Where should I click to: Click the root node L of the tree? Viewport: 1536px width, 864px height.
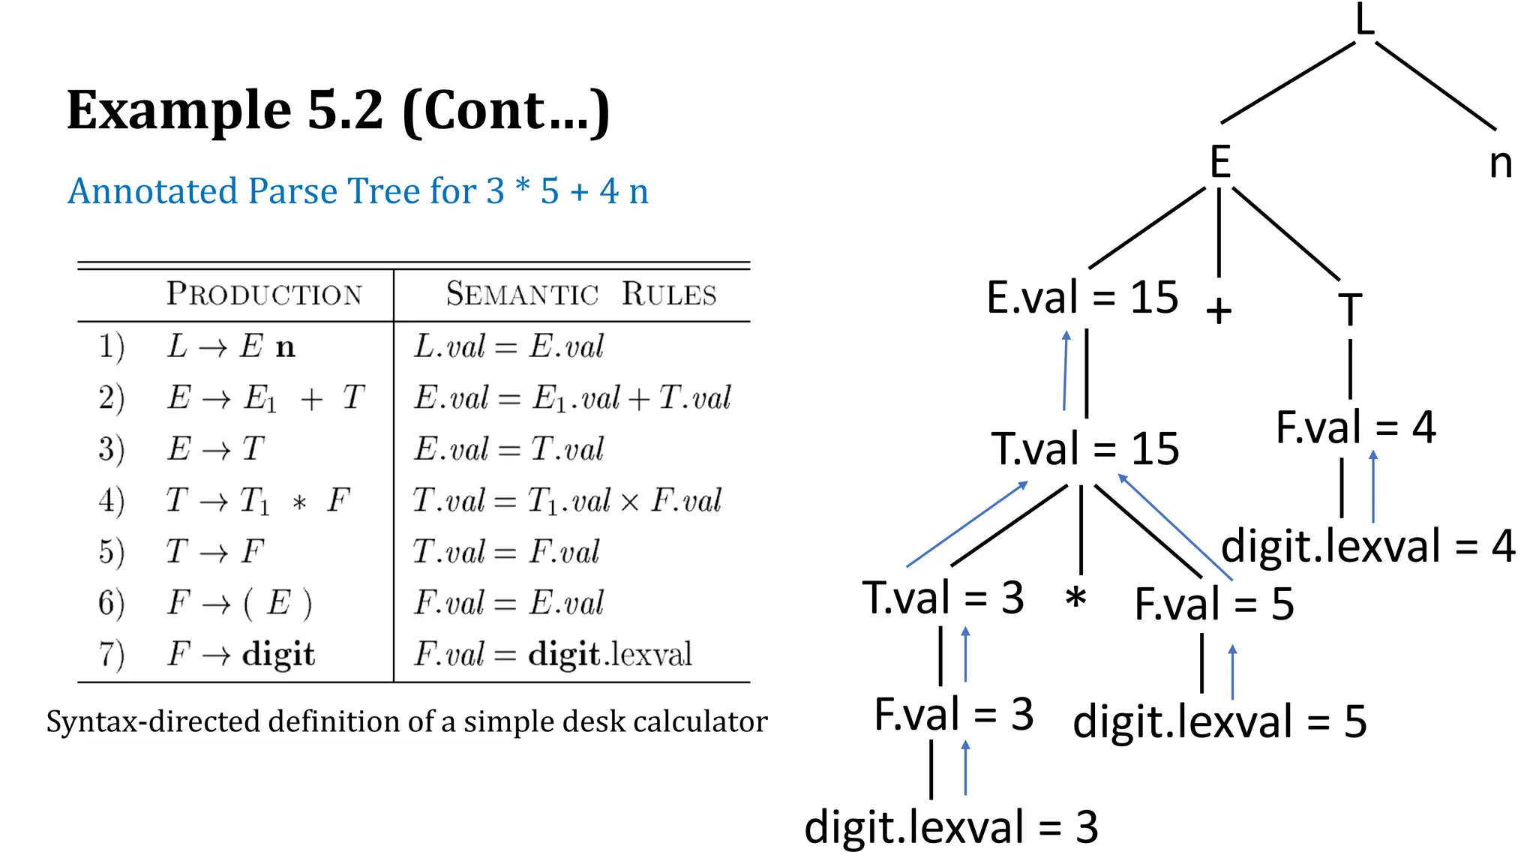coord(1365,20)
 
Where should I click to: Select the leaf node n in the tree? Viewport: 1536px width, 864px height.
coord(1500,163)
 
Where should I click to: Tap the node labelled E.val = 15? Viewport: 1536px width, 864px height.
coord(1082,298)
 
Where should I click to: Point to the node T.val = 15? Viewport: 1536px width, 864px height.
coord(1084,449)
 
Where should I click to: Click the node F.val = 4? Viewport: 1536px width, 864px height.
coord(1355,427)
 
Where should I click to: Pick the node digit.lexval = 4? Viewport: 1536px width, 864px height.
coord(1367,546)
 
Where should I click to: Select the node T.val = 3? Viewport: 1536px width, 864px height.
coord(943,598)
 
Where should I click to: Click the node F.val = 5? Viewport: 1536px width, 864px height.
coord(1213,604)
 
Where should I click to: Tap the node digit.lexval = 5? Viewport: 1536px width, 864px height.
coord(1219,721)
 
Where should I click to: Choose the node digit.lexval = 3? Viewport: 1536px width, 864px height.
coord(950,827)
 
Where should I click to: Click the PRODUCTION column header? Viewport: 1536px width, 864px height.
coord(264,294)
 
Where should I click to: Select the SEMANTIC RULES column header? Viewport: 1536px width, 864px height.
coord(580,294)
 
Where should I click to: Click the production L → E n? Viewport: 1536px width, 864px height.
coord(231,346)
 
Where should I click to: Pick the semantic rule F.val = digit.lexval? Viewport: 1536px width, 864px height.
coord(553,654)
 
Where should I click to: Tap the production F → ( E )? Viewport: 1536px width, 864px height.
coord(239,603)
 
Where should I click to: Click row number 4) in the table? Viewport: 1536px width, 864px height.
coord(111,500)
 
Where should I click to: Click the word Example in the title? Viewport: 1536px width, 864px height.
coord(178,110)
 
